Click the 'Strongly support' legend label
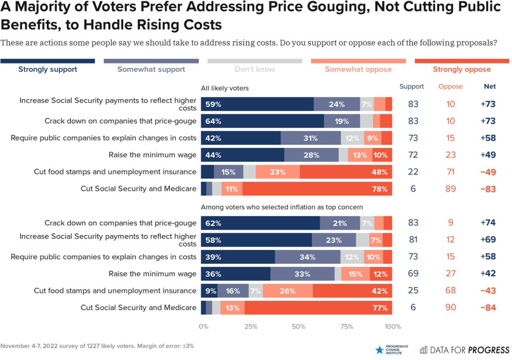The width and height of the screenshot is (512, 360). click(x=48, y=69)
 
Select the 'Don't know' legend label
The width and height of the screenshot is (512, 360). click(x=255, y=69)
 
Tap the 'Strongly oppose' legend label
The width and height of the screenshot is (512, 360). click(x=462, y=69)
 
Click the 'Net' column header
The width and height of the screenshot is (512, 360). click(x=490, y=86)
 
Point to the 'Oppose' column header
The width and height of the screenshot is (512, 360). click(x=451, y=86)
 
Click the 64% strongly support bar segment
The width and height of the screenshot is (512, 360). click(x=263, y=121)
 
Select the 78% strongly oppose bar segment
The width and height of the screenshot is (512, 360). click(x=317, y=189)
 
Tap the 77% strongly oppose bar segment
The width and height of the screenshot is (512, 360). click(x=318, y=307)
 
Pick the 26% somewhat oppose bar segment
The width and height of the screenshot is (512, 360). click(x=288, y=291)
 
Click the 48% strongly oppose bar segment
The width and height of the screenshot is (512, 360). click(x=346, y=172)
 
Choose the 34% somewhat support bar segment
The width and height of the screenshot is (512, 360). click(x=308, y=257)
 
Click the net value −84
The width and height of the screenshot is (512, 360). click(x=488, y=307)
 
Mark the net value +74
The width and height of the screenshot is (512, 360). click(x=488, y=223)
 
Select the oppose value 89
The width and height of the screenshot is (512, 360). click(x=451, y=189)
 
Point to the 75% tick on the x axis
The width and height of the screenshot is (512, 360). click(x=346, y=327)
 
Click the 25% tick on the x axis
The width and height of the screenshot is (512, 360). click(x=251, y=327)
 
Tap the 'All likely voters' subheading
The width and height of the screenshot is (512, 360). click(x=225, y=88)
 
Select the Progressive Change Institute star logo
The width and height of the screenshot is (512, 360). click(x=379, y=350)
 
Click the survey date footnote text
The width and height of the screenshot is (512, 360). click(x=97, y=346)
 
